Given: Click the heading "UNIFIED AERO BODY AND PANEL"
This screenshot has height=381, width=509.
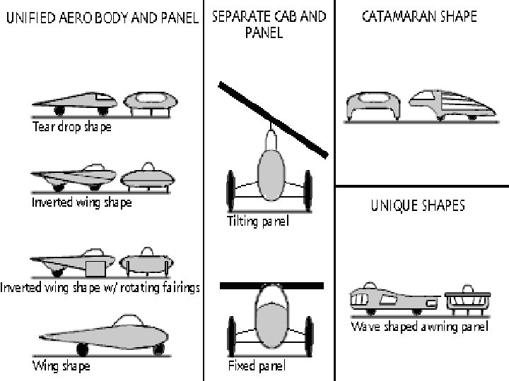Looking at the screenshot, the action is [102, 17].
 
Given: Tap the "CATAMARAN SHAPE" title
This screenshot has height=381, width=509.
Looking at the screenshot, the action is [419, 16].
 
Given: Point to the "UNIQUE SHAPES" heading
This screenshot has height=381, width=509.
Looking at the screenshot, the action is [418, 206].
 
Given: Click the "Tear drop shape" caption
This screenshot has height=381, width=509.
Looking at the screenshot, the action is [71, 128].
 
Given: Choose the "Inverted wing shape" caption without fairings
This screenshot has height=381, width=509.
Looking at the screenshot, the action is [81, 202].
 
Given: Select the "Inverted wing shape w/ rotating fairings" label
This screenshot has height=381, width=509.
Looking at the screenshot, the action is [100, 287].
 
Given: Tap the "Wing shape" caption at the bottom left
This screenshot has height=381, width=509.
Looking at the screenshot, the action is [61, 366].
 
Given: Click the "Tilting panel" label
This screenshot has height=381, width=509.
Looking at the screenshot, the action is [258, 222].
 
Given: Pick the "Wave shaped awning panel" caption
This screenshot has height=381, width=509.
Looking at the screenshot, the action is [419, 328].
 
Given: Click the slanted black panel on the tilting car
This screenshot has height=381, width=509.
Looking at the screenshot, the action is [273, 119].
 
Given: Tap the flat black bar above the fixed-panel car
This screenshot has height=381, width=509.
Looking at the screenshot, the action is [272, 286].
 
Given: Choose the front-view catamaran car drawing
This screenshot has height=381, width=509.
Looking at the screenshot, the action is [374, 106].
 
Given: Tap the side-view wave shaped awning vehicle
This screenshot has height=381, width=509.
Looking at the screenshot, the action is [392, 298].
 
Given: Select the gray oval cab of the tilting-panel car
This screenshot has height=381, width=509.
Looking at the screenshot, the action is [271, 173].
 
